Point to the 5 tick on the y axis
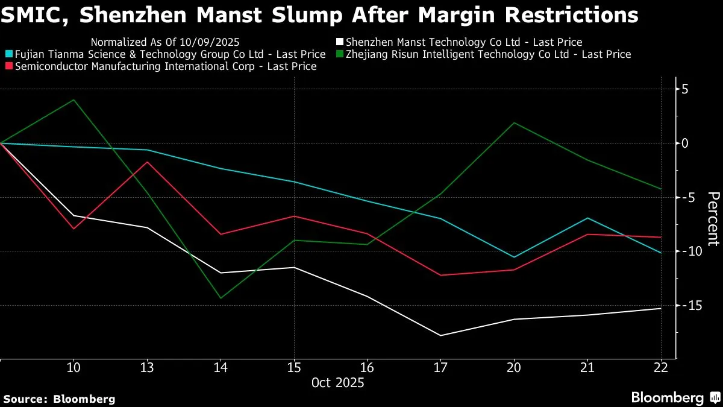click(685, 89)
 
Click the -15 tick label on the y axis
click(682, 306)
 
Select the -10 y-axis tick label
click(682, 251)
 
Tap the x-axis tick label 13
click(147, 367)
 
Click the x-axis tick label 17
click(441, 367)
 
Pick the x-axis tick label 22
click(661, 367)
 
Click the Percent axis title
click(713, 219)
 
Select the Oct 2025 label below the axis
click(337, 382)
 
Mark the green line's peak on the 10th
click(74, 100)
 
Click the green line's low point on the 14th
click(221, 298)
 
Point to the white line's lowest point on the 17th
click(441, 335)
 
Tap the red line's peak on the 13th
click(147, 162)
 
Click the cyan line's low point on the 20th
click(515, 257)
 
